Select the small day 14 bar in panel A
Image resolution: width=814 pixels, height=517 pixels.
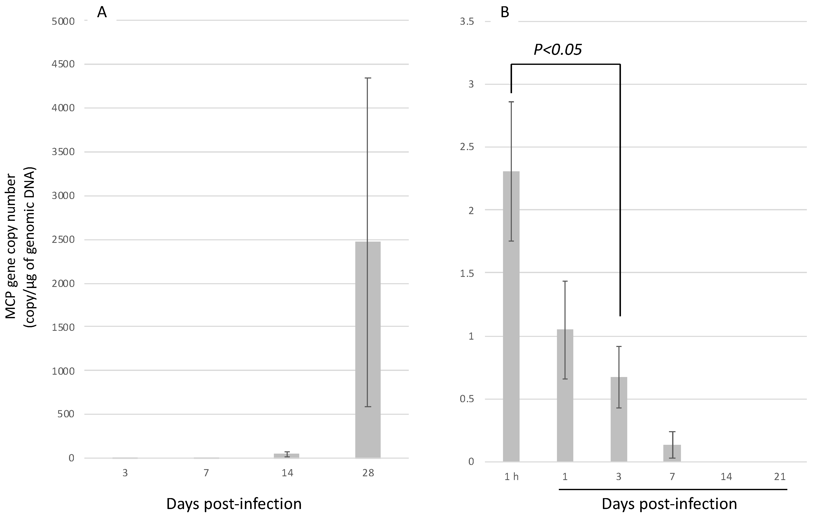(286, 455)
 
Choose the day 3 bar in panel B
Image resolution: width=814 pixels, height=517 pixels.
(619, 419)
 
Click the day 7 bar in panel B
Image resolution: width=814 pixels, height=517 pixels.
(672, 453)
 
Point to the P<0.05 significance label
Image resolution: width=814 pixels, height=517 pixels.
(558, 50)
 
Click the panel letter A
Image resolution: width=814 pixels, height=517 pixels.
(102, 13)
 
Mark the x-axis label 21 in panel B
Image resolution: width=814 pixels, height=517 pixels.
(780, 477)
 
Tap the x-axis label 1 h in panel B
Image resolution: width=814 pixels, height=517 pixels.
(511, 477)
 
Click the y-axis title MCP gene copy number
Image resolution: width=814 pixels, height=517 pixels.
(11, 247)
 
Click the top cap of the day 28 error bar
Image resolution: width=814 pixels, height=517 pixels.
(368, 78)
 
